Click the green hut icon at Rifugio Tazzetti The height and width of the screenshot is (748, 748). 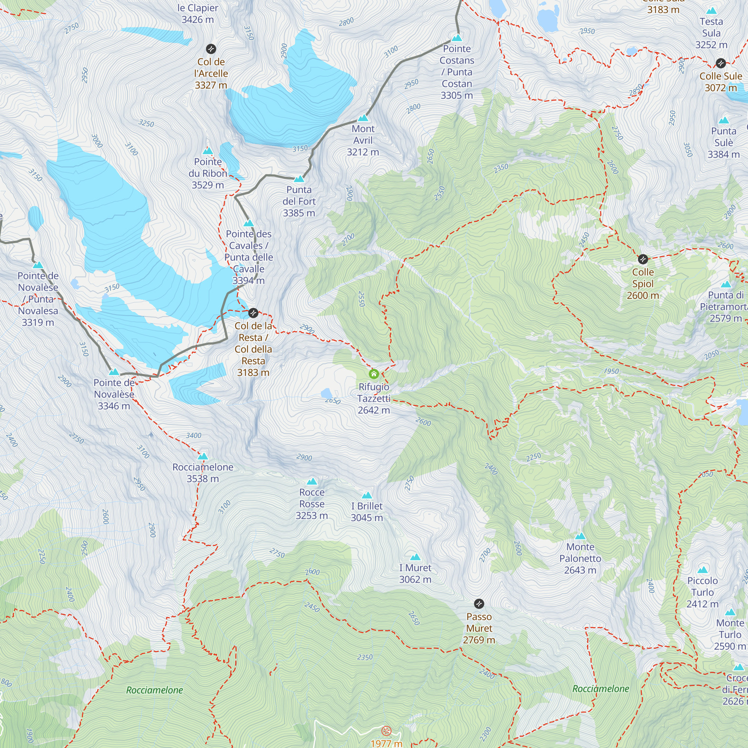click(374, 374)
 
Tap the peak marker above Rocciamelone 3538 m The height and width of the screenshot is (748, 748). click(203, 456)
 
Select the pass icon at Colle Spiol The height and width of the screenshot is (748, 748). click(643, 259)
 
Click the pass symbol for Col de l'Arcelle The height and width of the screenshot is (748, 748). click(211, 49)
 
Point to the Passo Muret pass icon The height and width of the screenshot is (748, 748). click(479, 604)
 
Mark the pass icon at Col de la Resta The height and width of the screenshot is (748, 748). click(253, 312)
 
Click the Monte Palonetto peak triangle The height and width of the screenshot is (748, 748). click(580, 536)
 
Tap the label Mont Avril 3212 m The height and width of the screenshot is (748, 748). click(363, 140)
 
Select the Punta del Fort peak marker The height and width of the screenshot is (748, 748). click(299, 179)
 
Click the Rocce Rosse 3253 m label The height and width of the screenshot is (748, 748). click(312, 504)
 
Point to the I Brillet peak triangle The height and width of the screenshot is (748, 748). click(367, 495)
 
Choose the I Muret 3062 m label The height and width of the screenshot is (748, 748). click(415, 573)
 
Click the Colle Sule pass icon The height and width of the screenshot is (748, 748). click(721, 63)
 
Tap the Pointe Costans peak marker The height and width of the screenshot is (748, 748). click(457, 38)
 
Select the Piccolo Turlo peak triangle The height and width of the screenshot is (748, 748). click(702, 570)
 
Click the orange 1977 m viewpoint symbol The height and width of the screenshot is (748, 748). click(386, 730)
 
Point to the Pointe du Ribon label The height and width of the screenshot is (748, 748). click(208, 173)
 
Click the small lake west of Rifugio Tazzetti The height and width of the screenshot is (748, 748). click(327, 393)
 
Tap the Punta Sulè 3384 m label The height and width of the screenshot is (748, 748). click(723, 142)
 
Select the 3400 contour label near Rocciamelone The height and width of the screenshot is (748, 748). click(194, 436)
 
